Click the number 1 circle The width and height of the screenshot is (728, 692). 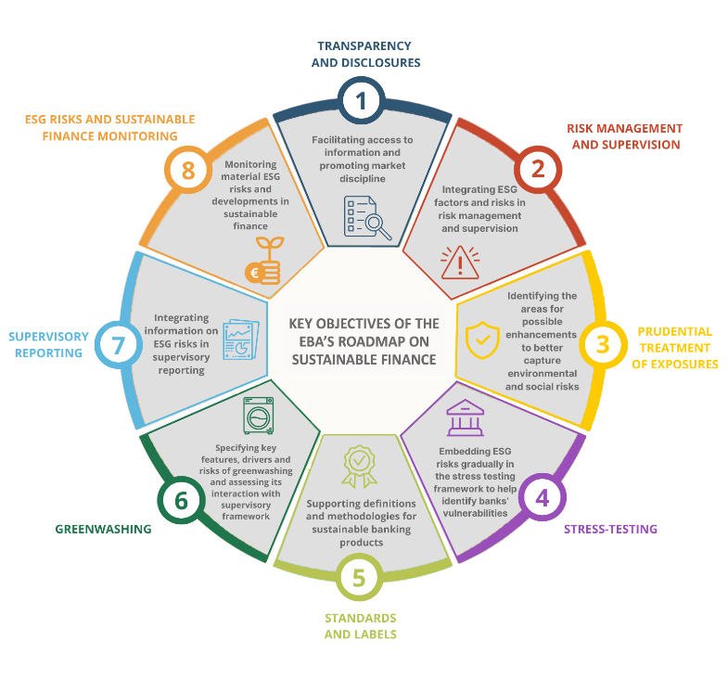361,101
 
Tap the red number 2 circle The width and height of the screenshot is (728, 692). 538,169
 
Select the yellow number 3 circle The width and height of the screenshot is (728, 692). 603,344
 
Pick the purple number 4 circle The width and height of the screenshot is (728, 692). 543,497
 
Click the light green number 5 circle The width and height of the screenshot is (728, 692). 359,577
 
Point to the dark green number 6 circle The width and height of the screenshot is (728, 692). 181,500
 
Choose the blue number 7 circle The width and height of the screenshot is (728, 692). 119,344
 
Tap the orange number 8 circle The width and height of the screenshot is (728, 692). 188,170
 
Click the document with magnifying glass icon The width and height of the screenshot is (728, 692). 367,217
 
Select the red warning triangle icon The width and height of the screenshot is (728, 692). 460,263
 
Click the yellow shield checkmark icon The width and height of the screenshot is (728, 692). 482,340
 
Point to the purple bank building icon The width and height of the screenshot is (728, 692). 466,417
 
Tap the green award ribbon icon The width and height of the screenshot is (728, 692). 359,467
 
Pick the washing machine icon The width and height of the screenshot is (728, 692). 259,416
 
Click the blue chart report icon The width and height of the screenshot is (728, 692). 241,340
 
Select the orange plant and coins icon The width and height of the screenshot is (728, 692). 263,261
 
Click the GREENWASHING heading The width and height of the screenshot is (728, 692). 104,529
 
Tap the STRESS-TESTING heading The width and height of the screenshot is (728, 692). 610,529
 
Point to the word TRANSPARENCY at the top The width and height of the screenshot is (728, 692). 364,46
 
